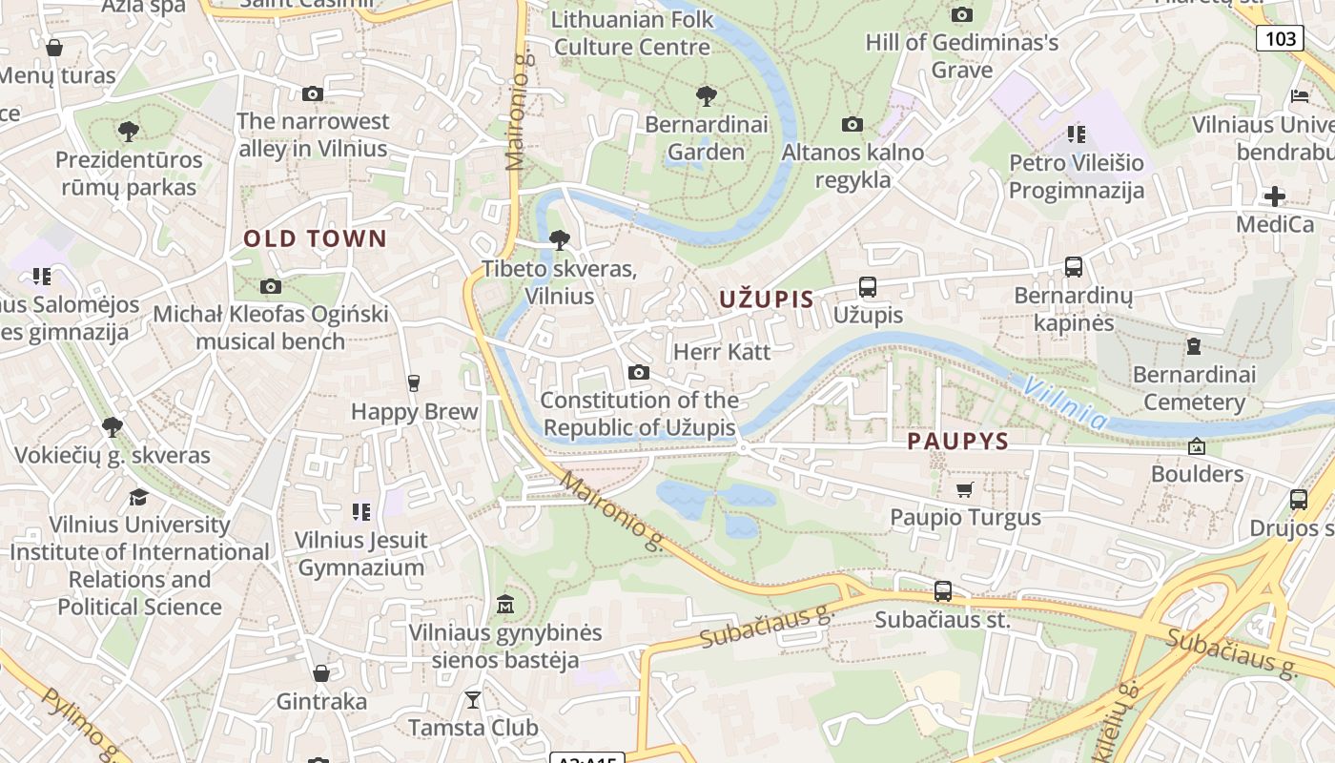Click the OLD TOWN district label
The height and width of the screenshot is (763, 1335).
tap(315, 238)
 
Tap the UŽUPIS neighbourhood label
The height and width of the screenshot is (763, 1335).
tap(767, 299)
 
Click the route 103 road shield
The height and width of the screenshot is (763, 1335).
tap(1280, 38)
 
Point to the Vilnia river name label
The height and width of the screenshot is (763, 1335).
tap(1065, 402)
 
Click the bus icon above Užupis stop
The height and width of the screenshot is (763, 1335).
tap(867, 286)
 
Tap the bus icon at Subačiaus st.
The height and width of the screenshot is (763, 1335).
tap(942, 591)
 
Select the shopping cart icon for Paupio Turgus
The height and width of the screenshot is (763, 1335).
tap(964, 490)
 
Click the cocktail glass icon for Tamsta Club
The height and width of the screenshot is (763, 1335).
tap(473, 700)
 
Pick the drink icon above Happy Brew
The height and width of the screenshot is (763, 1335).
tap(413, 383)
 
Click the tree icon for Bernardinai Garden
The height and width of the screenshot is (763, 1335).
tap(706, 95)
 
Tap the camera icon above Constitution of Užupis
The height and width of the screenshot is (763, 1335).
tap(639, 372)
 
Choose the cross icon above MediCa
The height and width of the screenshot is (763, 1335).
tap(1274, 196)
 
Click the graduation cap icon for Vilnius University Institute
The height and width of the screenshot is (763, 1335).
tap(139, 497)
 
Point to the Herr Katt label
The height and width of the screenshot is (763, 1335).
tap(722, 351)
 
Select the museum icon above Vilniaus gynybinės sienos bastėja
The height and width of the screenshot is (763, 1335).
tap(505, 605)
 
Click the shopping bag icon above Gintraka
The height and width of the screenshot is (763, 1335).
tap(321, 673)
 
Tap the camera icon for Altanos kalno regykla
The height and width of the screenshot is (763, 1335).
tap(852, 124)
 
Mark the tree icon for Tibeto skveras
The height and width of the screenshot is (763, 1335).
tap(560, 239)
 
